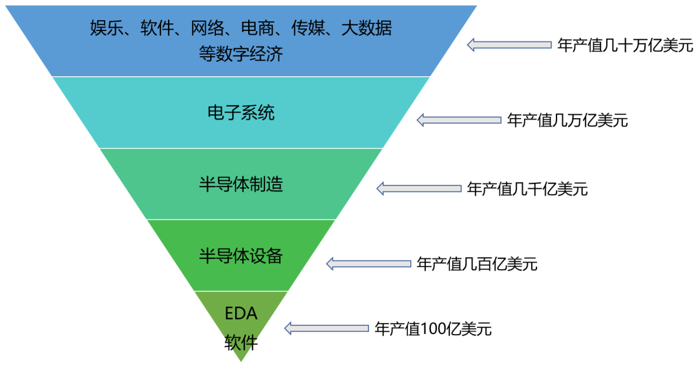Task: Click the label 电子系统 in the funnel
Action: pyautogui.click(x=240, y=113)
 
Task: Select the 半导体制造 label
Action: pyautogui.click(x=240, y=185)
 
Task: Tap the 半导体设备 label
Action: pyautogui.click(x=240, y=256)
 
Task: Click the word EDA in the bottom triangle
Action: pyautogui.click(x=240, y=314)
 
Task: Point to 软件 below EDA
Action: pyautogui.click(x=240, y=342)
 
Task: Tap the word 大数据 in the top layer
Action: pyautogui.click(x=371, y=28)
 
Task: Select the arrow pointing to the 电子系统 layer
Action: pyautogui.click(x=458, y=120)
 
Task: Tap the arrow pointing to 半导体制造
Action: pyautogui.click(x=418, y=189)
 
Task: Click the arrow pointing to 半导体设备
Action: pyautogui.click(x=368, y=264)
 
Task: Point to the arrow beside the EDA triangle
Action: pyautogui.click(x=327, y=328)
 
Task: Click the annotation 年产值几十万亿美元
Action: pyautogui.click(x=625, y=45)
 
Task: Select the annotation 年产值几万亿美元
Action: pyautogui.click(x=567, y=120)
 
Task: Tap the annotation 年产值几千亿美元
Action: pyautogui.click(x=527, y=189)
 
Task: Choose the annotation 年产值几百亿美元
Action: pyautogui.click(x=477, y=264)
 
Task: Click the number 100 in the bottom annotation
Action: pyautogui.click(x=430, y=329)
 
